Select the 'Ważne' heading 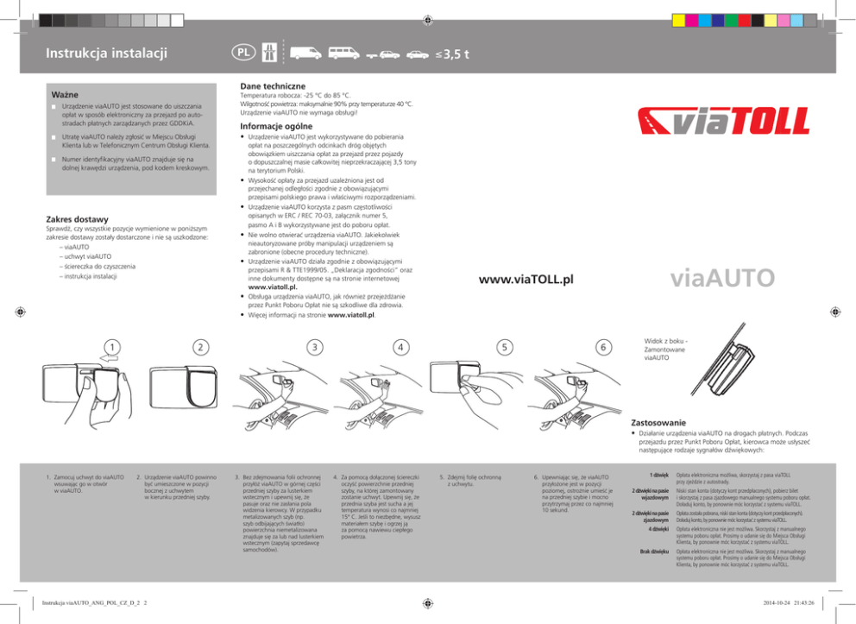[66, 92]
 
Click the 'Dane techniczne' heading [274, 86]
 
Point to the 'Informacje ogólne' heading [278, 126]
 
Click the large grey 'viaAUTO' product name [723, 279]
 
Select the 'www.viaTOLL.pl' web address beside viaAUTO [526, 280]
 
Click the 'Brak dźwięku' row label [655, 550]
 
